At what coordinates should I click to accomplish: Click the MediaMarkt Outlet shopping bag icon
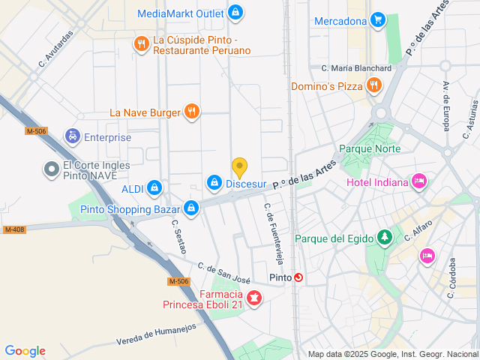[x=236, y=13]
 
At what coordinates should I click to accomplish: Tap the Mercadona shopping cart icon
[x=378, y=20]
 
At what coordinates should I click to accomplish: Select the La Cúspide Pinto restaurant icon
[x=140, y=44]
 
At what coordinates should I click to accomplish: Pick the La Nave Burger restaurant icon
[x=192, y=112]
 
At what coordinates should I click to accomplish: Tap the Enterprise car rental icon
[x=73, y=136]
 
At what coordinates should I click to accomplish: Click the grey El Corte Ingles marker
[x=51, y=170]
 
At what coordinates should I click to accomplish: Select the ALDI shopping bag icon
[x=154, y=187]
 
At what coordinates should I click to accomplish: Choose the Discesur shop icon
[x=214, y=182]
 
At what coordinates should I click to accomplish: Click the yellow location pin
[x=239, y=168]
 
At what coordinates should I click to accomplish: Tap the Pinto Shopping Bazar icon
[x=191, y=208]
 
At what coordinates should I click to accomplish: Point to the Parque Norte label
[x=370, y=148]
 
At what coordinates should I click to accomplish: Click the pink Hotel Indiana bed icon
[x=419, y=181]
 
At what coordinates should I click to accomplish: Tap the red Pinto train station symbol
[x=299, y=277]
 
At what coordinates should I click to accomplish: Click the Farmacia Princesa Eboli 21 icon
[x=254, y=299]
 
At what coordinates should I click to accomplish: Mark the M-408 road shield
[x=14, y=229]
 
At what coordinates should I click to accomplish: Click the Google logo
[x=25, y=351]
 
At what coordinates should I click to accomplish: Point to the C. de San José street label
[x=223, y=273]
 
